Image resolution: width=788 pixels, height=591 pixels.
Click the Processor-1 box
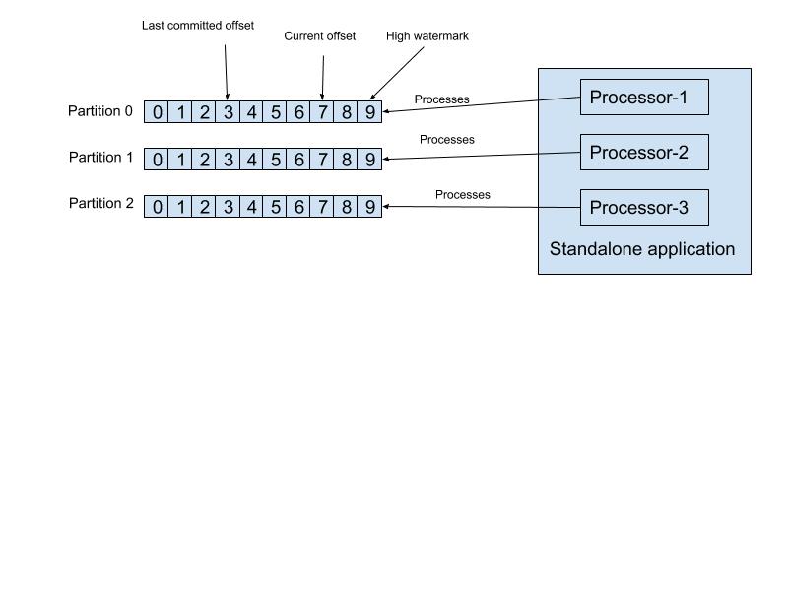(644, 97)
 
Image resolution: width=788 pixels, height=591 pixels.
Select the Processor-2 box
(644, 152)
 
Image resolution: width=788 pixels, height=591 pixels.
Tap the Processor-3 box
(644, 207)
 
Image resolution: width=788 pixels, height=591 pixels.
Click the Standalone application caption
(642, 249)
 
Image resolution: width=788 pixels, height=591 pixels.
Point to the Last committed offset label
(198, 26)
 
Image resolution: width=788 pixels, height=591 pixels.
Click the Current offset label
(320, 36)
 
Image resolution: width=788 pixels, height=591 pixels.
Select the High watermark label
(427, 36)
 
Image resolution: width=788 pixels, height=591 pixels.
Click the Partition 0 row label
(100, 111)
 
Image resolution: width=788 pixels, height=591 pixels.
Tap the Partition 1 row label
(100, 158)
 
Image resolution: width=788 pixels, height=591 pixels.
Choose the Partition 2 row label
(100, 204)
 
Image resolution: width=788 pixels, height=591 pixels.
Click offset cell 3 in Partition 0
(228, 112)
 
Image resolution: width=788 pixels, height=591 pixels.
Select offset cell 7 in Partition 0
(322, 112)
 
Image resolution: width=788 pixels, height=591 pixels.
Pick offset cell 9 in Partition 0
(369, 112)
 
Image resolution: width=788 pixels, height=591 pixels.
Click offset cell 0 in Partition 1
(157, 160)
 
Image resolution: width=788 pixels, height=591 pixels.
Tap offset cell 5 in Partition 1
(275, 160)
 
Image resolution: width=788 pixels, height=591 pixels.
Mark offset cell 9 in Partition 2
(369, 207)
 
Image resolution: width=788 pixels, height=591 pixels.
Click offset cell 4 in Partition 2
(251, 207)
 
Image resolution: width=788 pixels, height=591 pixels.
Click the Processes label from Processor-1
(441, 99)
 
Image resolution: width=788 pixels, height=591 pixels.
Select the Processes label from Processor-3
(463, 195)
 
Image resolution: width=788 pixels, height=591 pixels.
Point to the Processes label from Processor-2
(447, 140)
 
